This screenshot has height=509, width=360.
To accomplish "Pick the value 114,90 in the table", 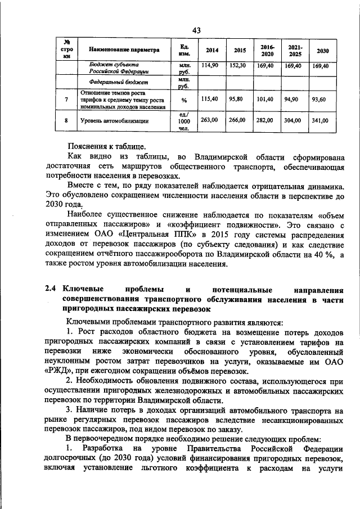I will [x=209, y=66].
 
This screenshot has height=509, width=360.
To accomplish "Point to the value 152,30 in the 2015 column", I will [x=237, y=66].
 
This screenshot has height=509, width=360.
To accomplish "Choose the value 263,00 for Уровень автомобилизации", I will [x=209, y=120].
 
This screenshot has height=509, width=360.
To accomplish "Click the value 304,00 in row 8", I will [x=293, y=120].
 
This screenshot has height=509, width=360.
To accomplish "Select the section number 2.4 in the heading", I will [x=51, y=289].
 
